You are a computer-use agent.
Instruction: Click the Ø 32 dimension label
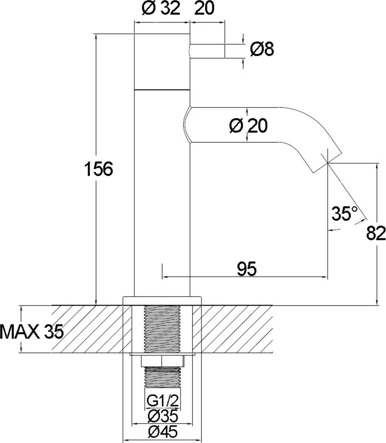click(x=160, y=8)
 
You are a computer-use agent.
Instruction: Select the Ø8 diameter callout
click(x=262, y=49)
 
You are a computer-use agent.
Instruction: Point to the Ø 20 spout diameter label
click(x=248, y=126)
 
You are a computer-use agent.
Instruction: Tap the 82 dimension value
click(x=376, y=233)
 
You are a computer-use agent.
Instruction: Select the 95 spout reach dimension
click(x=246, y=269)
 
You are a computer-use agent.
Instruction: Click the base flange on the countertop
click(x=162, y=300)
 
